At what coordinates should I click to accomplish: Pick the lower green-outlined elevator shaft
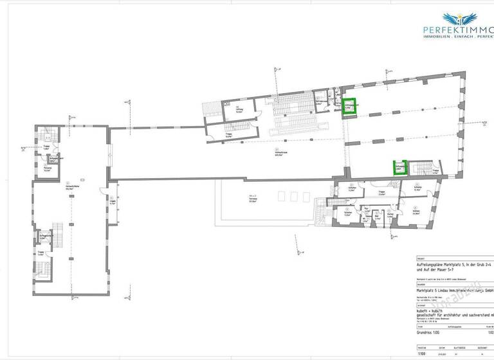(x=400, y=168)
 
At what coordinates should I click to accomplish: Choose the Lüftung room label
(x=239, y=110)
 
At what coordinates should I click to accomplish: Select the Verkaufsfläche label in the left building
(x=66, y=188)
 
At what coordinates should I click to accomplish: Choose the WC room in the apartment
(x=365, y=221)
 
